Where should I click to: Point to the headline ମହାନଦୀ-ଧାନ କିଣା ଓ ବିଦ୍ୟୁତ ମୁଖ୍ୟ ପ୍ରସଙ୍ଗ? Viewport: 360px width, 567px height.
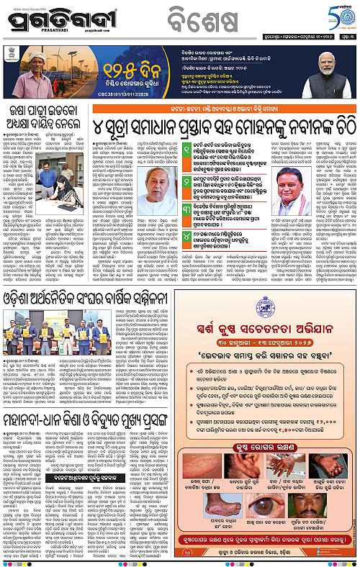tap(94, 419)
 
